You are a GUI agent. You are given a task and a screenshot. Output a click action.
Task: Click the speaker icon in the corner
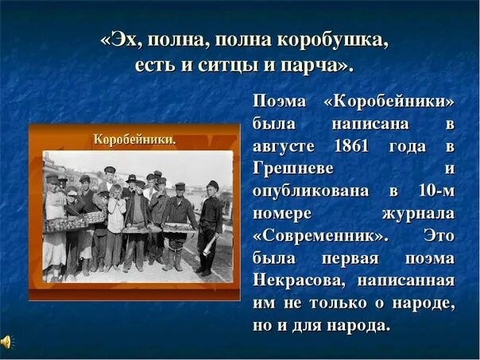(6, 343)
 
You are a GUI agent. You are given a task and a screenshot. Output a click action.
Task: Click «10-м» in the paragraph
(435, 192)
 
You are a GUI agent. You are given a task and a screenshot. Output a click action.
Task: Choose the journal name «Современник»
(320, 236)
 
